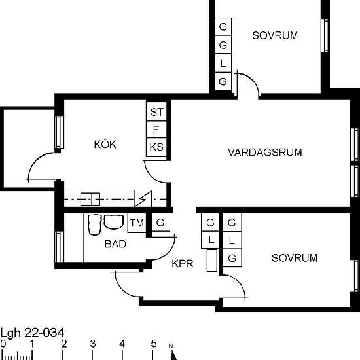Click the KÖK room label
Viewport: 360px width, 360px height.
pos(105,144)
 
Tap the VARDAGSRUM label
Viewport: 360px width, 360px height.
pos(265,153)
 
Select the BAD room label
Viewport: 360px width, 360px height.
pos(115,244)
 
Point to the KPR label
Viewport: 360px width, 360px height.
pos(183,264)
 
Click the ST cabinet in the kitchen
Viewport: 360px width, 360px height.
pos(156,111)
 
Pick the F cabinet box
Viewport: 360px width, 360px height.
pos(156,130)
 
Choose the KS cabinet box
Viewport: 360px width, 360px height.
pos(156,147)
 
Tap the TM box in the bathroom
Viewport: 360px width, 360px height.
pos(137,223)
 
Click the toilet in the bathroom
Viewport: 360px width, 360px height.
pos(95,225)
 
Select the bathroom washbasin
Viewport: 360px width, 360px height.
pos(114,222)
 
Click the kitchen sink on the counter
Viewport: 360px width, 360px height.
pos(90,199)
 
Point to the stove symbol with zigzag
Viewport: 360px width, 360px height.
pos(143,198)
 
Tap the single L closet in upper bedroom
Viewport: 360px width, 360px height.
pos(223,63)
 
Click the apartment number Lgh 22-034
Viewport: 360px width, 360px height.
pos(32,333)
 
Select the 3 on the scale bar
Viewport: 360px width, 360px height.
pos(92,344)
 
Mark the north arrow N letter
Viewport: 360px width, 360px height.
pos(171,346)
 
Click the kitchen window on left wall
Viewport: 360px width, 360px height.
pos(59,132)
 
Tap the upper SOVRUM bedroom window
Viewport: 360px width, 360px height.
pos(325,35)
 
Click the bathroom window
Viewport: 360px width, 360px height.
pos(59,247)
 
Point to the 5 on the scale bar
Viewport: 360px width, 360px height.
pos(154,344)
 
